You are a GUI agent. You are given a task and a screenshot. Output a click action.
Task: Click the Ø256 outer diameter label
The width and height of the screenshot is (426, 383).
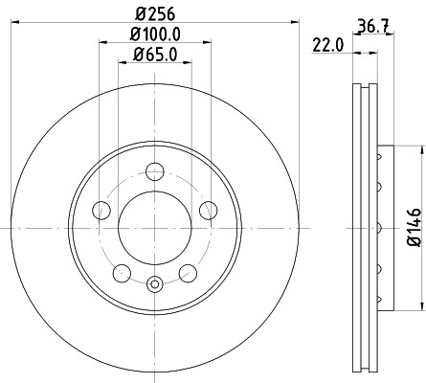[154, 13]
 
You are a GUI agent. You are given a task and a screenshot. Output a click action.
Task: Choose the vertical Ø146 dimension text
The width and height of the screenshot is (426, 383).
[414, 228]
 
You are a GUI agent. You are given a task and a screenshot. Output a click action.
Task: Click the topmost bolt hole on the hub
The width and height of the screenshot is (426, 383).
[154, 172]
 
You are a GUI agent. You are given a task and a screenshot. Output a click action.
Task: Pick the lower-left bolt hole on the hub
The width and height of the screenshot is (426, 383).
[122, 274]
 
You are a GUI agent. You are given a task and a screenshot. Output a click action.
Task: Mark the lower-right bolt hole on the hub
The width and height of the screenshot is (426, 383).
[188, 274]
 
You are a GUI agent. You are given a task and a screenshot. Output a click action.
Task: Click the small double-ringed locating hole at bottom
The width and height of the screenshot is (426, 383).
[154, 282]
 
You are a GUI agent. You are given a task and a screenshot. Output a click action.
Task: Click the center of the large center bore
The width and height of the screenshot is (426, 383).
[154, 228]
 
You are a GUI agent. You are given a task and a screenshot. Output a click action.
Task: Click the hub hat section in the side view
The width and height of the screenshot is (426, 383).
[384, 228]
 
